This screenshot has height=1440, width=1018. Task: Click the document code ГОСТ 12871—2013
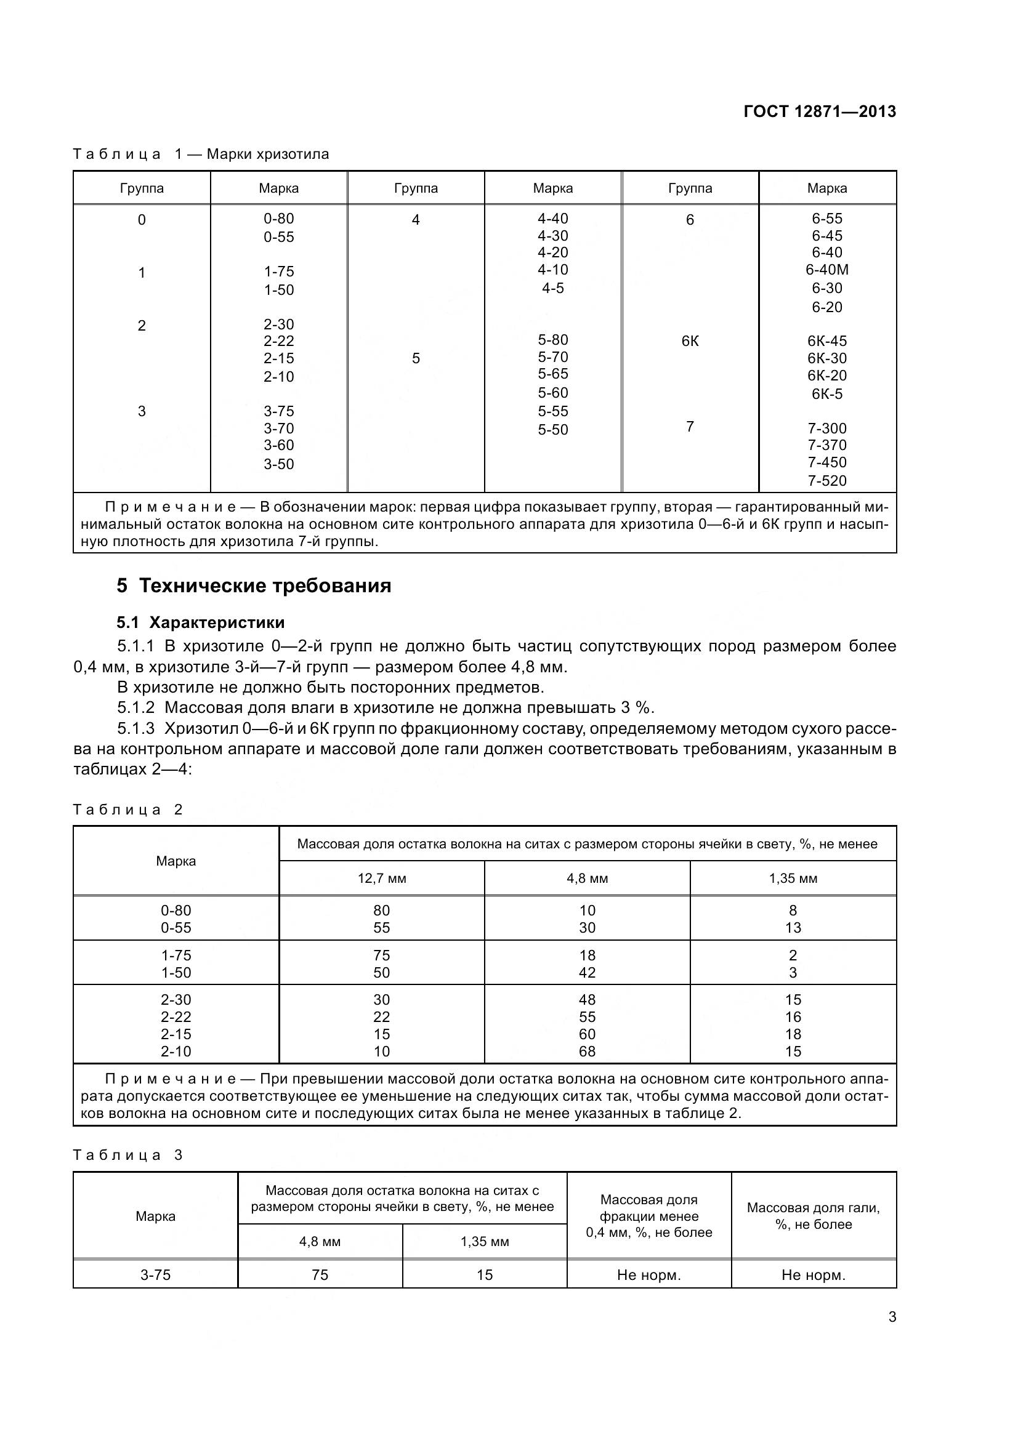819,111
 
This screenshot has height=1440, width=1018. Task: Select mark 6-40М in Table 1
826,270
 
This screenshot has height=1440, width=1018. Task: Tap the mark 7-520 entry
826,481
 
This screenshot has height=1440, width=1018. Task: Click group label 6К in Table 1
690,341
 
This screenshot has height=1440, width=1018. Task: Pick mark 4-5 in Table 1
552,288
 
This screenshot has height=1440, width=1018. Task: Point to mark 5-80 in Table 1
552,340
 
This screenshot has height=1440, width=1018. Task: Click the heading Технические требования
265,585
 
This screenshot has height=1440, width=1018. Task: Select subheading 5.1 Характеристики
201,622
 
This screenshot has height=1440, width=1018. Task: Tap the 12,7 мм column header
381,878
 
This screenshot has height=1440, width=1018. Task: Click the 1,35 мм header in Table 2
793,878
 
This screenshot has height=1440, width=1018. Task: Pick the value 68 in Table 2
587,1051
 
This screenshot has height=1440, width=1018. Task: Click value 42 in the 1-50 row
587,973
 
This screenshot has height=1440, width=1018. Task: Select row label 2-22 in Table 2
176,1016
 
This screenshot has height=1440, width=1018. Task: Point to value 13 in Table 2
793,928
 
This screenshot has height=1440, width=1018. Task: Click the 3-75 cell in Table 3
156,1275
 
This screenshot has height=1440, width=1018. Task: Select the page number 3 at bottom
892,1316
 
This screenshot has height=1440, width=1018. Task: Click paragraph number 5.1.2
135,707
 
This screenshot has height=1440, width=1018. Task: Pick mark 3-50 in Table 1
278,464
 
